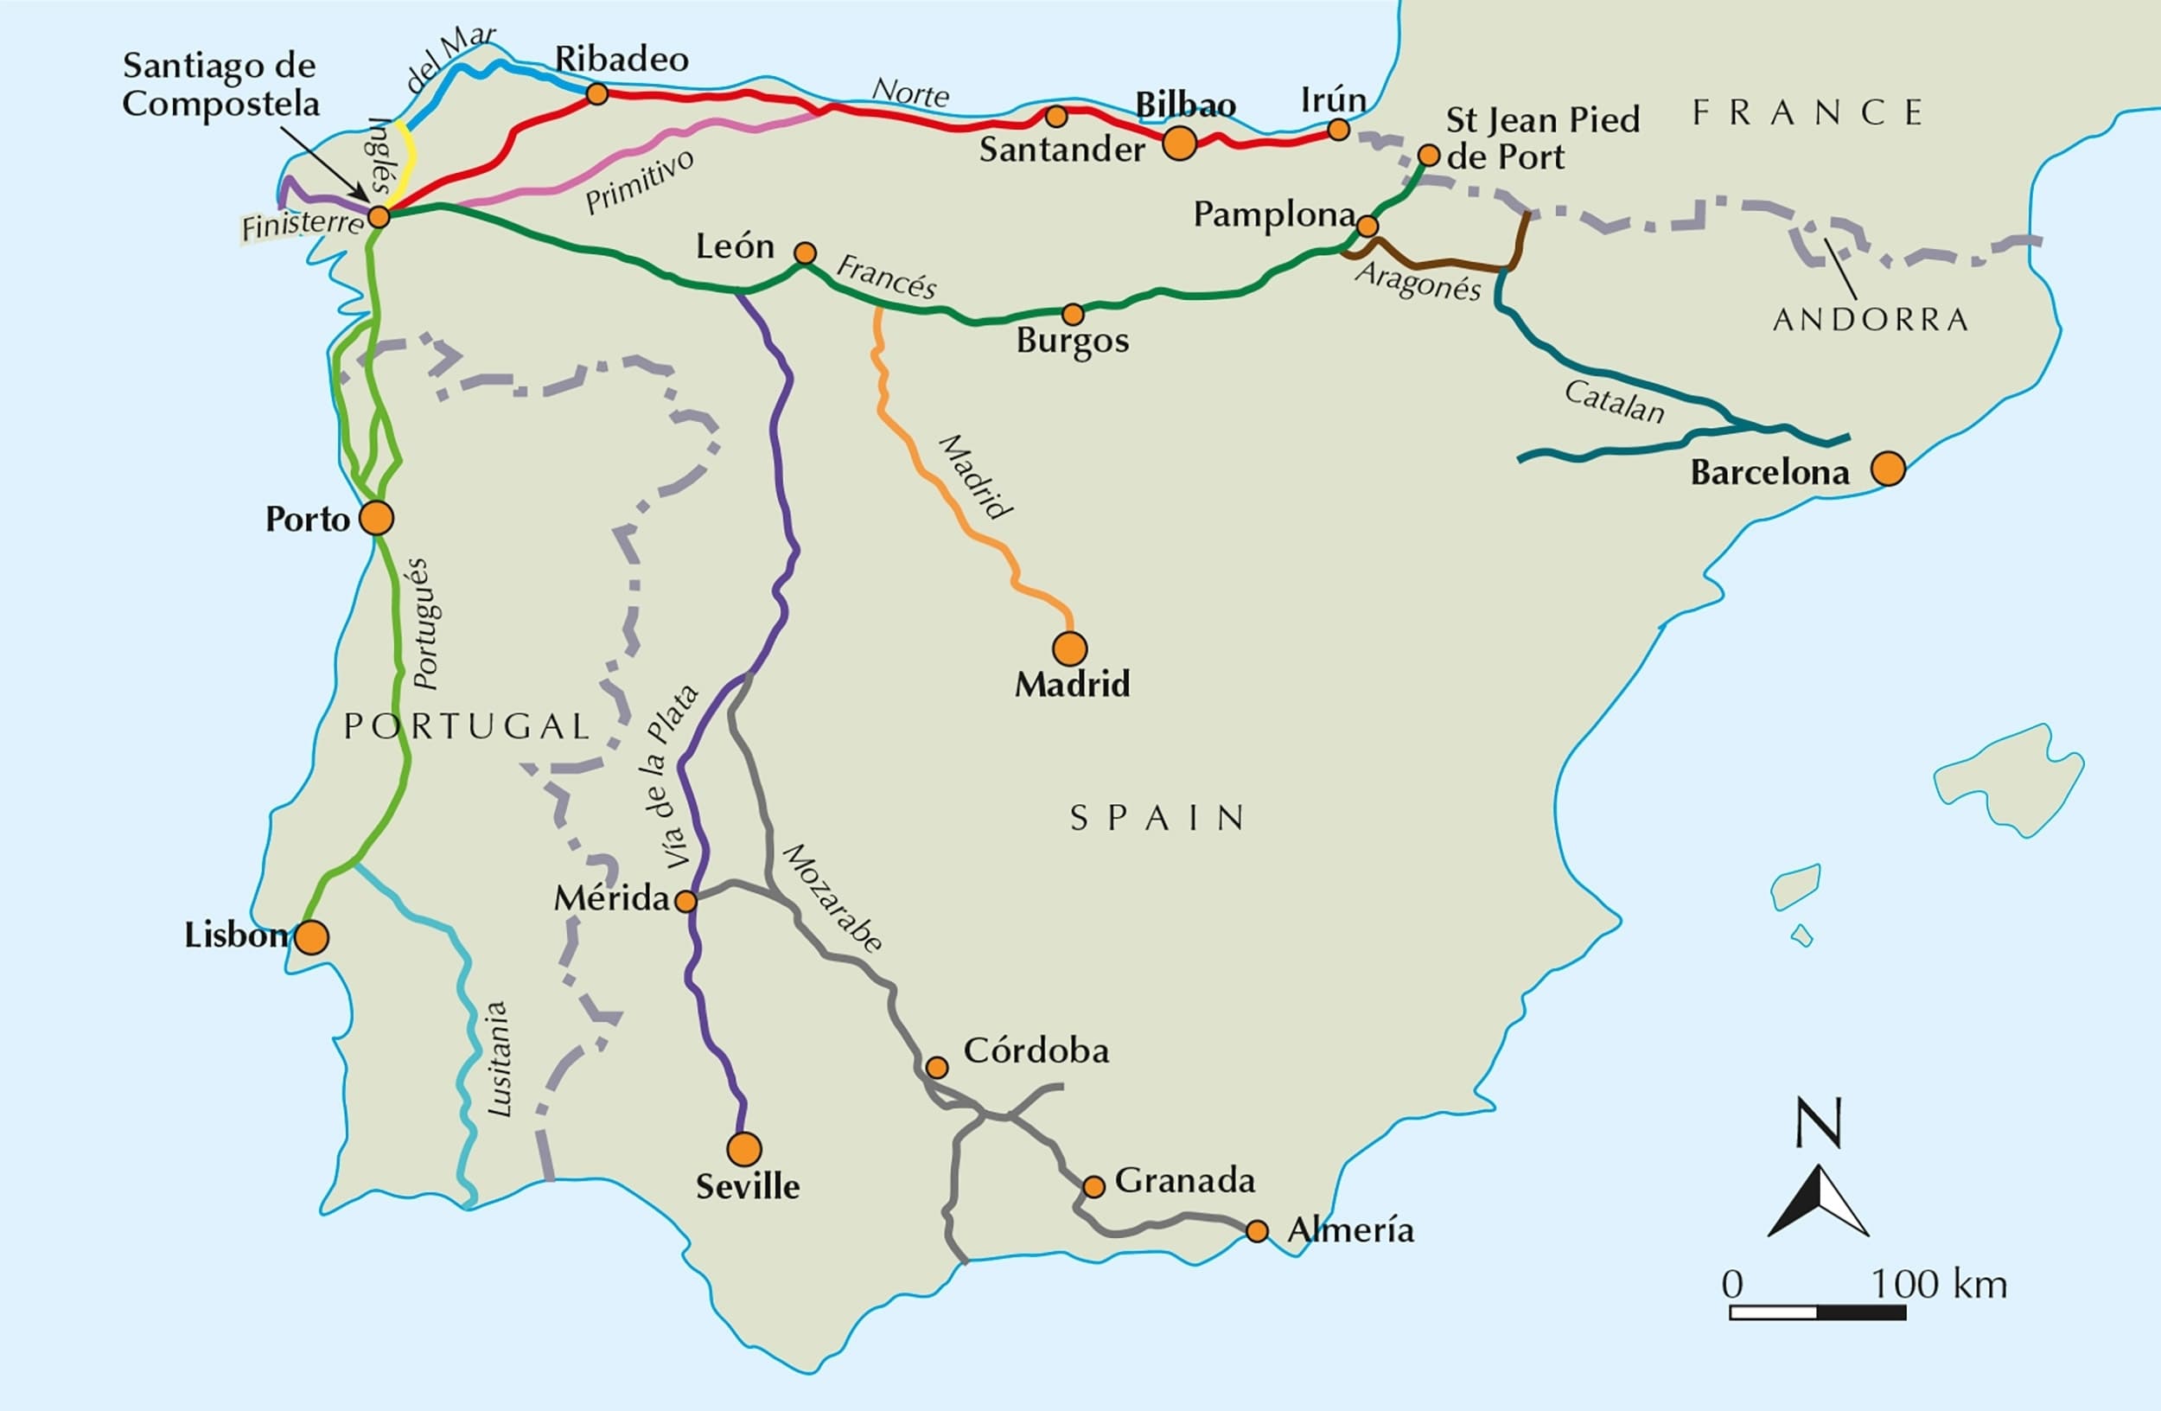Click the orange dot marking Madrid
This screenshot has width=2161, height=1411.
click(x=1069, y=648)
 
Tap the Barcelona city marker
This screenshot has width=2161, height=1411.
click(x=1888, y=469)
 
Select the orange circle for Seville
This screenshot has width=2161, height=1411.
click(x=743, y=1148)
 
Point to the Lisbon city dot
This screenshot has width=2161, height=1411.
click(x=311, y=937)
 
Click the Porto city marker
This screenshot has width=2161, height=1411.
click(x=376, y=518)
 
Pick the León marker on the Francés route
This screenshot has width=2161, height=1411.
click(x=805, y=252)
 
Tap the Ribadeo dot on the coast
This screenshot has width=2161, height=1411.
click(x=596, y=93)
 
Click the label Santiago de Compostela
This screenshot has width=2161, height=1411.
click(x=220, y=85)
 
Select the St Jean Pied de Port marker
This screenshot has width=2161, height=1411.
click(x=1428, y=156)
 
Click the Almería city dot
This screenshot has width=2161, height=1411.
click(x=1257, y=1231)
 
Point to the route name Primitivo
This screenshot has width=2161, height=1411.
click(x=641, y=182)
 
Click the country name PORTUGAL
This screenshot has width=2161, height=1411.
click(x=467, y=726)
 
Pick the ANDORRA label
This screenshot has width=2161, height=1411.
click(x=1871, y=320)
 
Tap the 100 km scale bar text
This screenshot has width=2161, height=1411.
click(x=1939, y=1284)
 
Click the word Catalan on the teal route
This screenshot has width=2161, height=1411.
click(x=1615, y=401)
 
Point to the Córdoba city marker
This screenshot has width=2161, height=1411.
click(x=936, y=1067)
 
